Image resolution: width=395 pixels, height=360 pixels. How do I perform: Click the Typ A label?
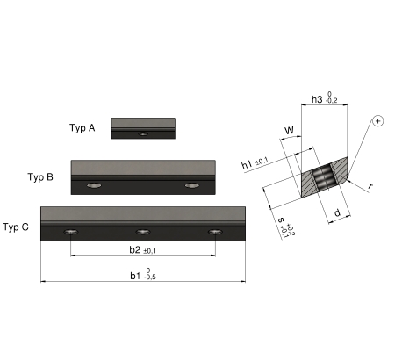pyautogui.click(x=83, y=128)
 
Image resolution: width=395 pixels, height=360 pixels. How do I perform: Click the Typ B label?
pyautogui.click(x=40, y=177)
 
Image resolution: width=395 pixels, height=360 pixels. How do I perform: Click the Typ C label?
pyautogui.click(x=16, y=227)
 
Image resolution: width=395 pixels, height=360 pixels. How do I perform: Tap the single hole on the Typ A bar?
pyautogui.click(x=143, y=133)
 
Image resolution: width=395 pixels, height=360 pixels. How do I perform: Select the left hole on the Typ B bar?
pyautogui.click(x=94, y=185)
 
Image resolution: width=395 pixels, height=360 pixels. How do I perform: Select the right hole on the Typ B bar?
pyautogui.click(x=192, y=185)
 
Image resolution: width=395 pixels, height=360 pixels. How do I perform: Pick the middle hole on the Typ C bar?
pyautogui.click(x=143, y=232)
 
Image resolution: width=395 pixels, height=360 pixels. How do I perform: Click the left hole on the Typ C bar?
pyautogui.click(x=71, y=232)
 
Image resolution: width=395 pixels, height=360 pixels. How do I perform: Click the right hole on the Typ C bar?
pyautogui.click(x=215, y=232)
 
